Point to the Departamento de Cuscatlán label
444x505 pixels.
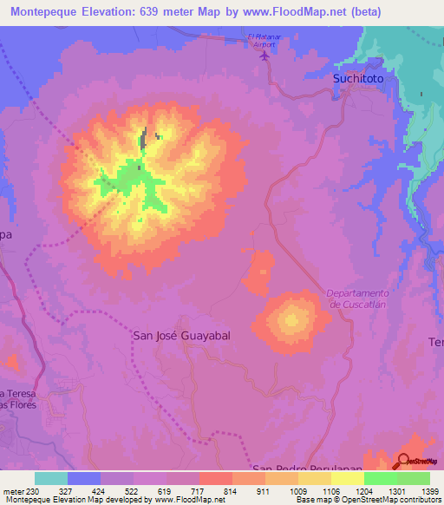click(357, 298)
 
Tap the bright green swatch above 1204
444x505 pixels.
click(380, 478)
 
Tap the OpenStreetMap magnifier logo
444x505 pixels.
click(404, 461)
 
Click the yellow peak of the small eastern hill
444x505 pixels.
click(291, 321)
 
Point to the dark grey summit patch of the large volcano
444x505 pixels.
click(142, 139)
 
